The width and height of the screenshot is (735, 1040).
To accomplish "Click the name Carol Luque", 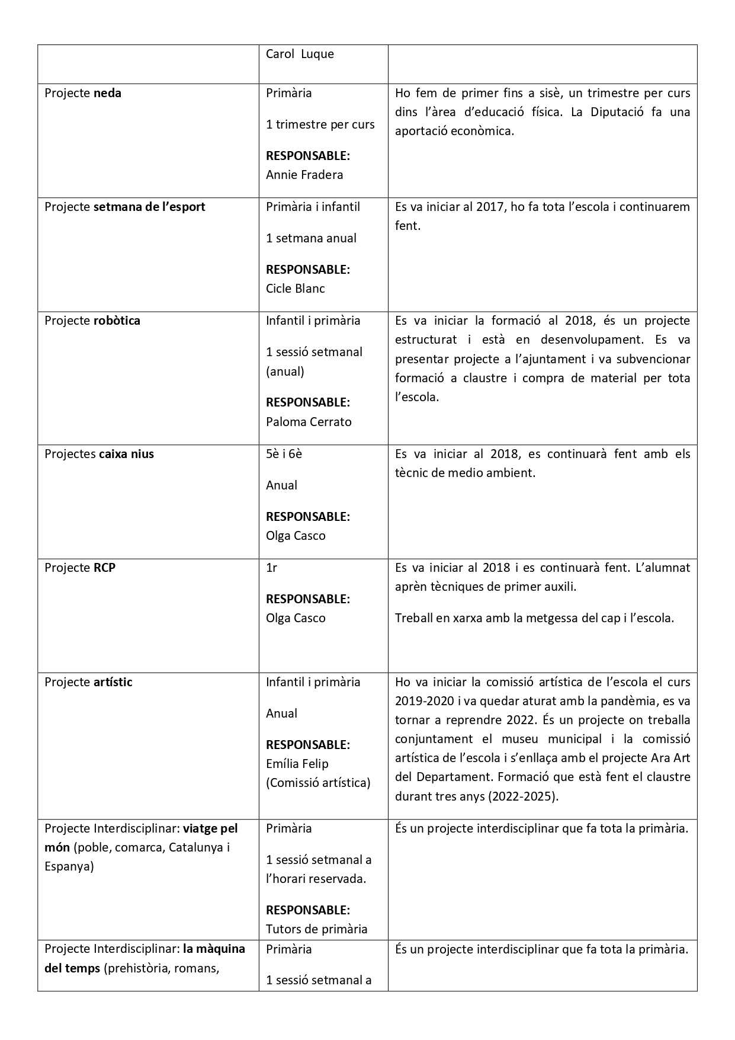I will pos(300,55).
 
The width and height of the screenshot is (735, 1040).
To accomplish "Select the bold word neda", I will pos(107,93).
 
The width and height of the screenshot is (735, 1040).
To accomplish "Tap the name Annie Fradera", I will pos(304,175).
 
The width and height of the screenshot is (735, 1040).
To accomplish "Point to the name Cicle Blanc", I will pos(296,289).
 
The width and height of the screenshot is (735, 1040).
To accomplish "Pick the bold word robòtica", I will pos(117,321).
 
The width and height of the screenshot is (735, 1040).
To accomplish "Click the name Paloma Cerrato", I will pos(309,422).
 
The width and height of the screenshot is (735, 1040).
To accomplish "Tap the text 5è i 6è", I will pos(284,454).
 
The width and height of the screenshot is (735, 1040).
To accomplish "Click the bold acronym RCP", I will pos(104,568).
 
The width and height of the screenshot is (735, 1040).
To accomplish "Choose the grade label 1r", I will pos(271,568).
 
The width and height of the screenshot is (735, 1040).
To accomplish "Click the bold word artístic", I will pos(113,682).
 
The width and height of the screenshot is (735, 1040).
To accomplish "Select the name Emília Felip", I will pos(297,764).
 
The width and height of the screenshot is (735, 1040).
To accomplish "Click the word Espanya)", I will pos(69,866).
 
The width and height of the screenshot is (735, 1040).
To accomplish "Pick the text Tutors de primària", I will pos(316,929).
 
